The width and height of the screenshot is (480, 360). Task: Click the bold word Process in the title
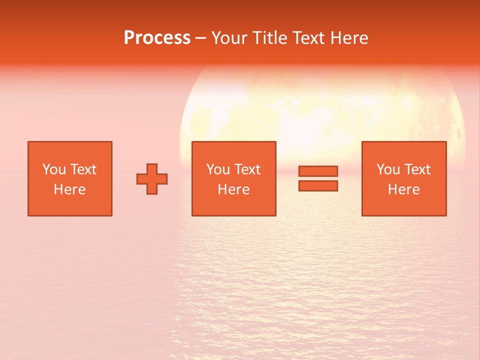[x=157, y=38]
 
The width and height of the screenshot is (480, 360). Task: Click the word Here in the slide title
[x=351, y=38]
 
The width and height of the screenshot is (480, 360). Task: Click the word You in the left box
[x=54, y=169]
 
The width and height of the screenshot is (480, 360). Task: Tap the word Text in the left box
[x=83, y=169]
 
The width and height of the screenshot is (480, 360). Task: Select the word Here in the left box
[x=69, y=189]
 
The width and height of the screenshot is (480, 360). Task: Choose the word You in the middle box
[x=218, y=169]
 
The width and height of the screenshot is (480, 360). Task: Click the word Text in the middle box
[x=247, y=169]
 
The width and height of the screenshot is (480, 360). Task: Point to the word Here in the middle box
[x=233, y=189]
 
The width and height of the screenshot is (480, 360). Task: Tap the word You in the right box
[x=388, y=169]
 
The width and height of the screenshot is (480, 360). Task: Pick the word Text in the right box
[x=417, y=169]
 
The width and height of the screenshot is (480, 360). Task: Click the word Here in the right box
[x=403, y=189]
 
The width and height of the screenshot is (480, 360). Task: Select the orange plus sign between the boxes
[x=152, y=179]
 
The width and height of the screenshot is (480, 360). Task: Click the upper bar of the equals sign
[x=318, y=171]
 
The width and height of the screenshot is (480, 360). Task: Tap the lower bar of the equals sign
[x=318, y=185]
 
